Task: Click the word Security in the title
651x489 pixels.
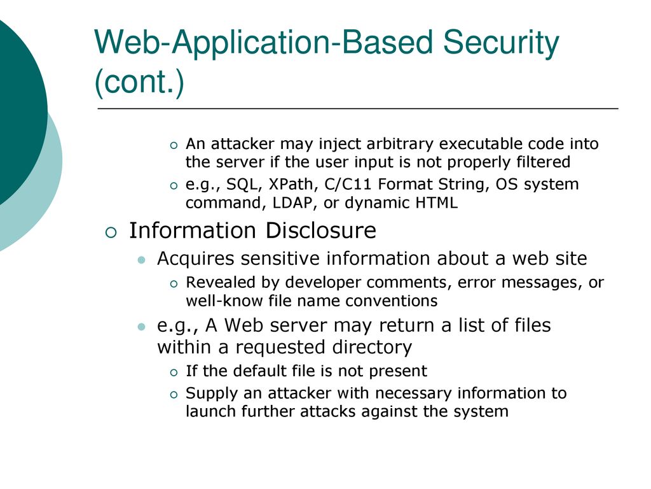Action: [x=501, y=43]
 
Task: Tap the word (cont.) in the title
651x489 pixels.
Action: [x=139, y=82]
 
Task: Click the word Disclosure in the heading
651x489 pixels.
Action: [x=320, y=230]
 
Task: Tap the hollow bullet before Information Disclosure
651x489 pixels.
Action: [x=111, y=232]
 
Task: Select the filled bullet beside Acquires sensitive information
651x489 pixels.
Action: [x=142, y=260]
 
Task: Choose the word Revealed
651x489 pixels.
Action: [x=219, y=282]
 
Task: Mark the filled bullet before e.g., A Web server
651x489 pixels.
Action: [x=142, y=327]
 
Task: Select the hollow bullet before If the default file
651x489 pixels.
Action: [x=174, y=372]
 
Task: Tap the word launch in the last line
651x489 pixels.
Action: [x=211, y=412]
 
